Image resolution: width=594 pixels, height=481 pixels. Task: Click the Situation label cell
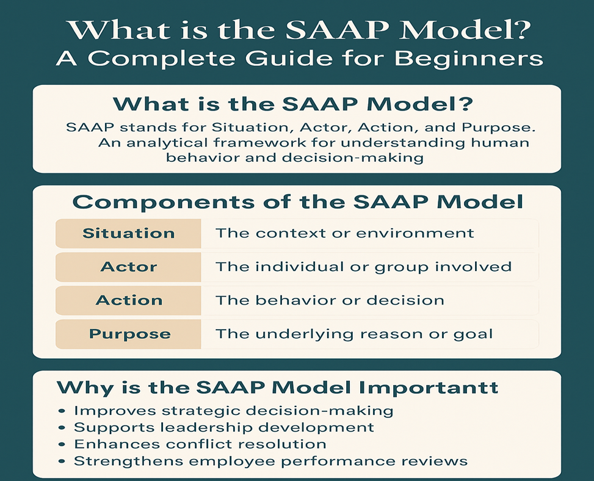click(x=128, y=233)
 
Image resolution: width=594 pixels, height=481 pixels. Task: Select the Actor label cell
click(x=128, y=267)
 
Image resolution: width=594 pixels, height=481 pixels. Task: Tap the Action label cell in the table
click(x=128, y=300)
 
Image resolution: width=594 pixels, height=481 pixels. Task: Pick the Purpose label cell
click(x=128, y=334)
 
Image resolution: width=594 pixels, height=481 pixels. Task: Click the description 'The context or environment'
click(x=345, y=233)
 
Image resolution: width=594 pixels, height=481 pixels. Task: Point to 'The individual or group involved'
click(x=364, y=267)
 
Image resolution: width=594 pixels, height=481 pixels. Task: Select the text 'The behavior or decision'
click(x=330, y=300)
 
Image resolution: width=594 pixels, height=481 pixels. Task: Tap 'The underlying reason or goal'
click(x=354, y=334)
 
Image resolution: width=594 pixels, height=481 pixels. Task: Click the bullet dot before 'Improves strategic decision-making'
click(x=62, y=411)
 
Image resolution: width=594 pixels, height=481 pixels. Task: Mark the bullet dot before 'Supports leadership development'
click(x=62, y=428)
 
